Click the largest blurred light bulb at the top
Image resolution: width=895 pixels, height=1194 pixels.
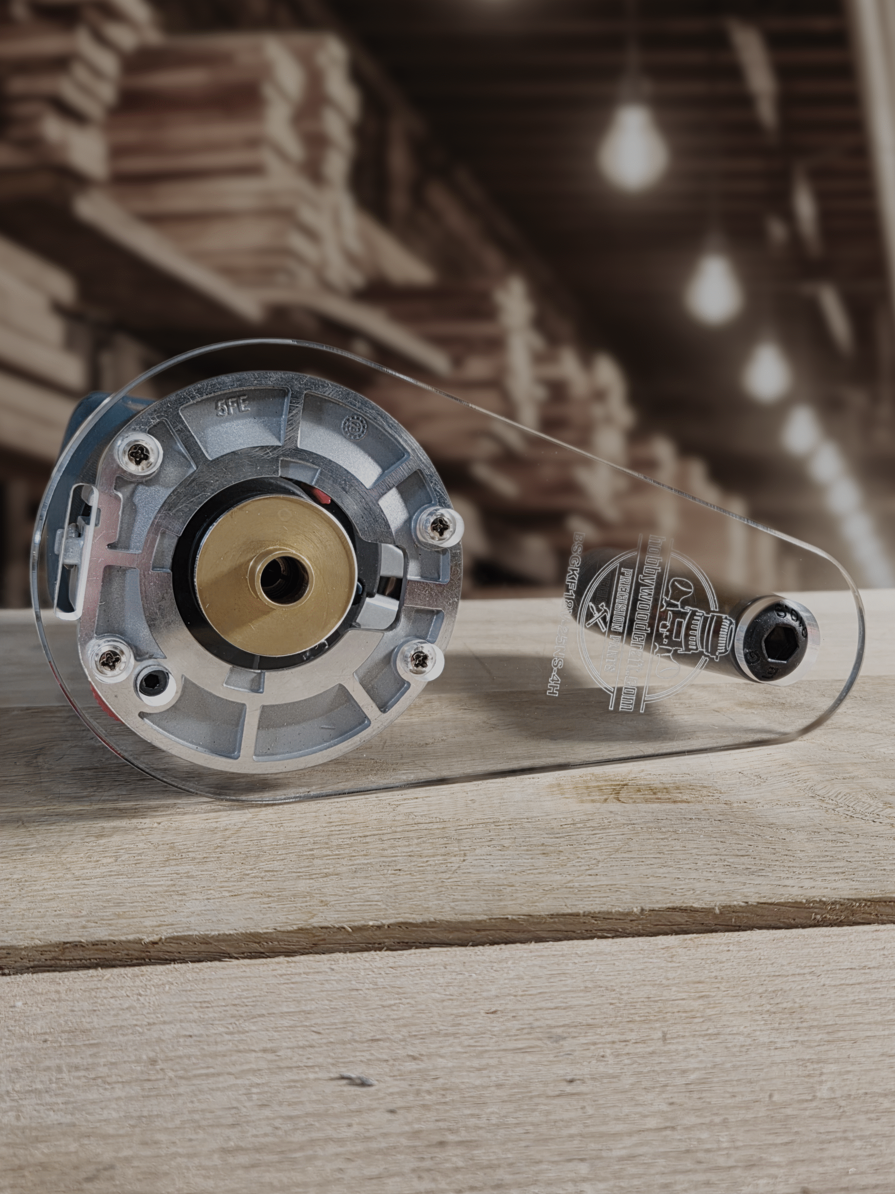click(x=634, y=146)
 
